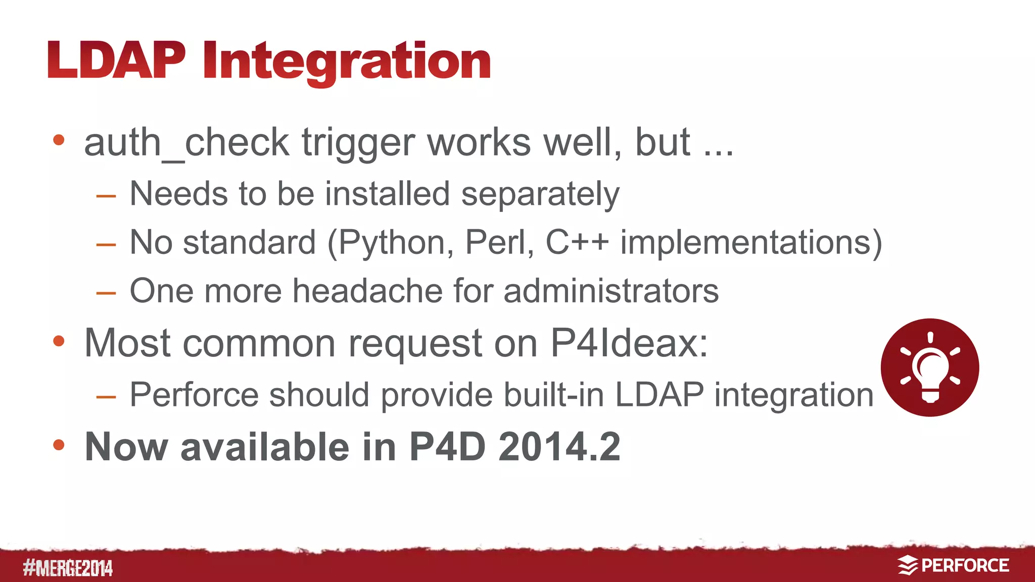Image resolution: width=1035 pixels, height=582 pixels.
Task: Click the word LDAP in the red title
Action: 117,61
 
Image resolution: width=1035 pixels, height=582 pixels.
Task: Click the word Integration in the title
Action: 347,62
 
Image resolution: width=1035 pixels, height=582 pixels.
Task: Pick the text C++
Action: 577,242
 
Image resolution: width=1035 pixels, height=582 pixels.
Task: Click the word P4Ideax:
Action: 629,343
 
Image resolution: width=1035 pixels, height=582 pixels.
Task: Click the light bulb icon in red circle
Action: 929,367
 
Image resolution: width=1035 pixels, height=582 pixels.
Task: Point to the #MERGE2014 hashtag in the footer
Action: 68,568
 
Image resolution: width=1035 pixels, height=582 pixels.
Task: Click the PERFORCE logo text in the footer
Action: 965,566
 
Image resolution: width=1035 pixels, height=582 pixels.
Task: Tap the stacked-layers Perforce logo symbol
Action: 908,565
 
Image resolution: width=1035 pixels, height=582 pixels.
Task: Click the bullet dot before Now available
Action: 59,445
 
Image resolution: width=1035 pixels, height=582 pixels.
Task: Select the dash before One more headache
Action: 106,293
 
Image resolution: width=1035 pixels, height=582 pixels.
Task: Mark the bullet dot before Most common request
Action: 59,341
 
